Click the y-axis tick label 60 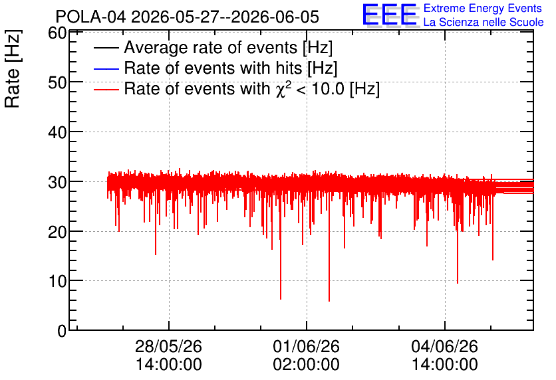tap(57, 34)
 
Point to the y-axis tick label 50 tap(57, 83)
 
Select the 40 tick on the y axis tap(57, 133)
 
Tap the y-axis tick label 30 tap(57, 183)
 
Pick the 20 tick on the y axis tap(57, 233)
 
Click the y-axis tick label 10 tap(57, 282)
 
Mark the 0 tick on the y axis tap(62, 331)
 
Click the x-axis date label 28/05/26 tap(168, 346)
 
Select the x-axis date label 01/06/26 tap(307, 346)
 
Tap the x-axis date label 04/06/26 tap(445, 346)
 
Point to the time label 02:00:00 tap(307, 365)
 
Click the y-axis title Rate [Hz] tap(13, 68)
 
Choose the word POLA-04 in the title tap(90, 17)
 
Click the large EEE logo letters tap(390, 15)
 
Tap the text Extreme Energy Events tap(483, 8)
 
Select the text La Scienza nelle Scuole tap(484, 22)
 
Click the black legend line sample tap(106, 48)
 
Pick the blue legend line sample tap(106, 68)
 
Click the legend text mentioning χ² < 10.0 tap(252, 88)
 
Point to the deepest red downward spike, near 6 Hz tap(329, 301)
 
